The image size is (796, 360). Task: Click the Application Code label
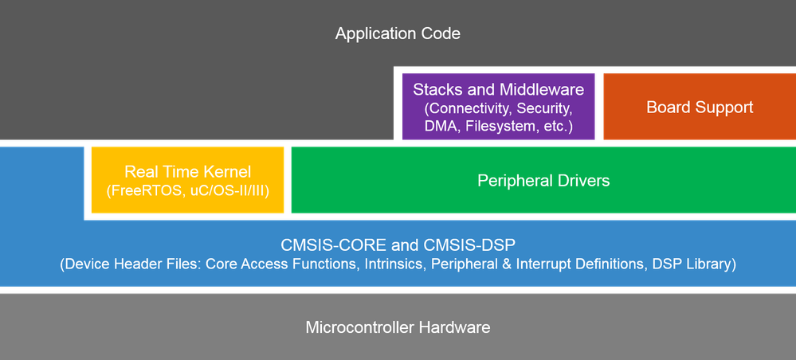pos(398,33)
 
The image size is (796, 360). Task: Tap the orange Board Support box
pos(700,107)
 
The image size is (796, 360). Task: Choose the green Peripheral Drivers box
pos(543,181)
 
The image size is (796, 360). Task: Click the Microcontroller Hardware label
pos(398,327)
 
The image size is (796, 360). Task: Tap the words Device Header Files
pos(132,263)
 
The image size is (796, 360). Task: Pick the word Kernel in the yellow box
pos(227,171)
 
